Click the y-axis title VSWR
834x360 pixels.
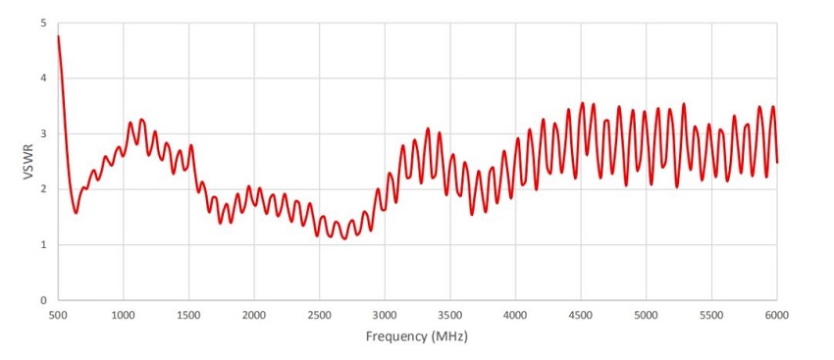pyautogui.click(x=29, y=161)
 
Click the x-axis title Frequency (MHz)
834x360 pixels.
pyautogui.click(x=417, y=336)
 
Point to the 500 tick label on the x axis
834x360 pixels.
pyautogui.click(x=58, y=315)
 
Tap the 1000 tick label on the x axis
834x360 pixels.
pyautogui.click(x=123, y=315)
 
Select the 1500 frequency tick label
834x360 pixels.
pyautogui.click(x=188, y=315)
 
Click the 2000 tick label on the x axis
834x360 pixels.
pyautogui.click(x=254, y=315)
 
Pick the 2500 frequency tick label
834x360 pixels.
pyautogui.click(x=319, y=315)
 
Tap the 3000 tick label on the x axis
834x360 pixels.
pyautogui.click(x=385, y=315)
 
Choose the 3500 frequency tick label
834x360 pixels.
pyautogui.click(x=450, y=315)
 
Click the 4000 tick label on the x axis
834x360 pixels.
pyautogui.click(x=515, y=315)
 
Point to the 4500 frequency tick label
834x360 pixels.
pyautogui.click(x=581, y=315)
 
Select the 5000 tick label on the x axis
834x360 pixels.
pyautogui.click(x=647, y=315)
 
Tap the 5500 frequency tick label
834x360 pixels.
pyautogui.click(x=711, y=315)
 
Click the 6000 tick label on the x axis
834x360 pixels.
pyautogui.click(x=777, y=315)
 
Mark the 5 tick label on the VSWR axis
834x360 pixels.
pyautogui.click(x=43, y=24)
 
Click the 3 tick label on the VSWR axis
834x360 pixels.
pyautogui.click(x=43, y=134)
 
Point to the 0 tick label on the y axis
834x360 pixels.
pyautogui.click(x=43, y=300)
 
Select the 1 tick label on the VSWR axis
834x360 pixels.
pyautogui.click(x=43, y=245)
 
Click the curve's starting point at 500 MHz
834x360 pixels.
pyautogui.click(x=58, y=36)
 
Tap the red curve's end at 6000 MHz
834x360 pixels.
pyautogui.click(x=777, y=162)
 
